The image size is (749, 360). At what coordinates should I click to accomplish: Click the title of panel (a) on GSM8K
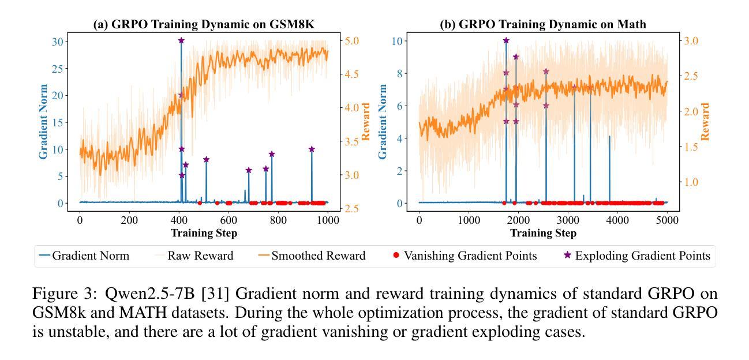click(204, 25)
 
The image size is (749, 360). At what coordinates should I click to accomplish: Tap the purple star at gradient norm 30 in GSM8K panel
click(181, 40)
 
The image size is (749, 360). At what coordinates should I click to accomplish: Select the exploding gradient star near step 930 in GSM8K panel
click(312, 149)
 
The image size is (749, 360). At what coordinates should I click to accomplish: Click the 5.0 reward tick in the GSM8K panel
click(353, 41)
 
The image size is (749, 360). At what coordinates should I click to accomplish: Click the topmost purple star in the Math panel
click(506, 40)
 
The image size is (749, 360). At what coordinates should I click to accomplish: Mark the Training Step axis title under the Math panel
click(543, 232)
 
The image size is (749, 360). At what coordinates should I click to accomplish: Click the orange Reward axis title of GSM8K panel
click(366, 121)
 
